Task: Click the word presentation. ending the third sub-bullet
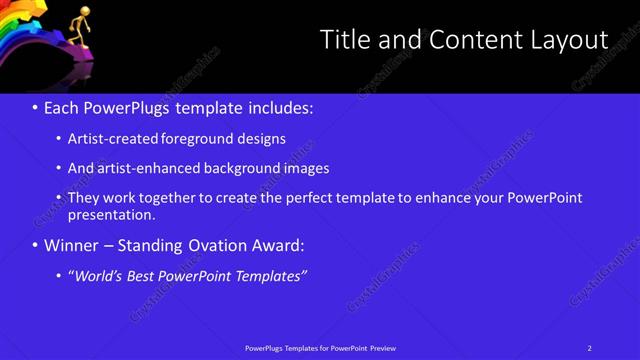112,214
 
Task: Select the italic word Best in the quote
142,275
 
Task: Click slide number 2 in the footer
590,348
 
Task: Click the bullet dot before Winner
36,246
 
